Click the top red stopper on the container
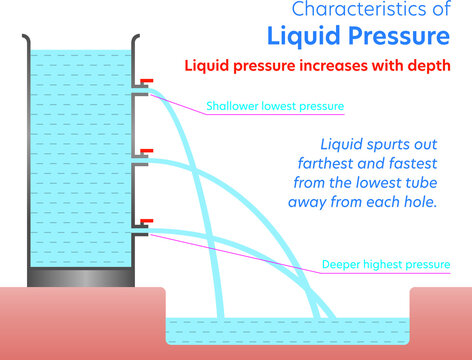147,81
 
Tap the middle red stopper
147,151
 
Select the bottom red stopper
147,221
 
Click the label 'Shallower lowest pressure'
275,106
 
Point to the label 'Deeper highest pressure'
386,265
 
